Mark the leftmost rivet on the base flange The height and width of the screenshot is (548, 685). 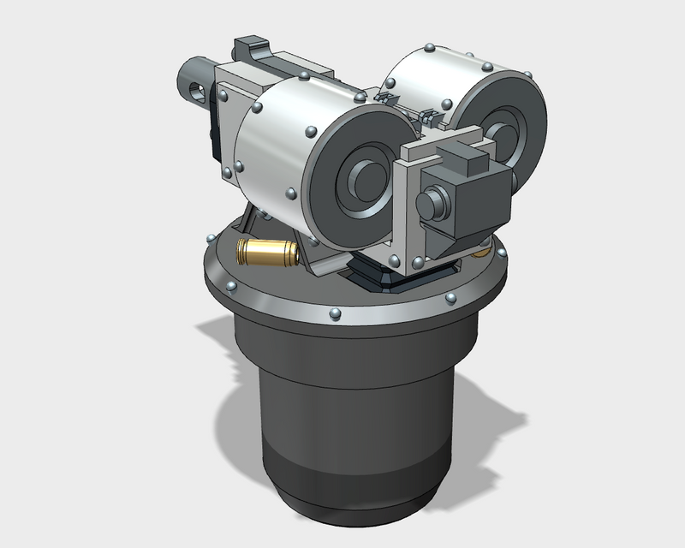tap(210, 235)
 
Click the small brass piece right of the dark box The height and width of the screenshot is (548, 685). tap(485, 252)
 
